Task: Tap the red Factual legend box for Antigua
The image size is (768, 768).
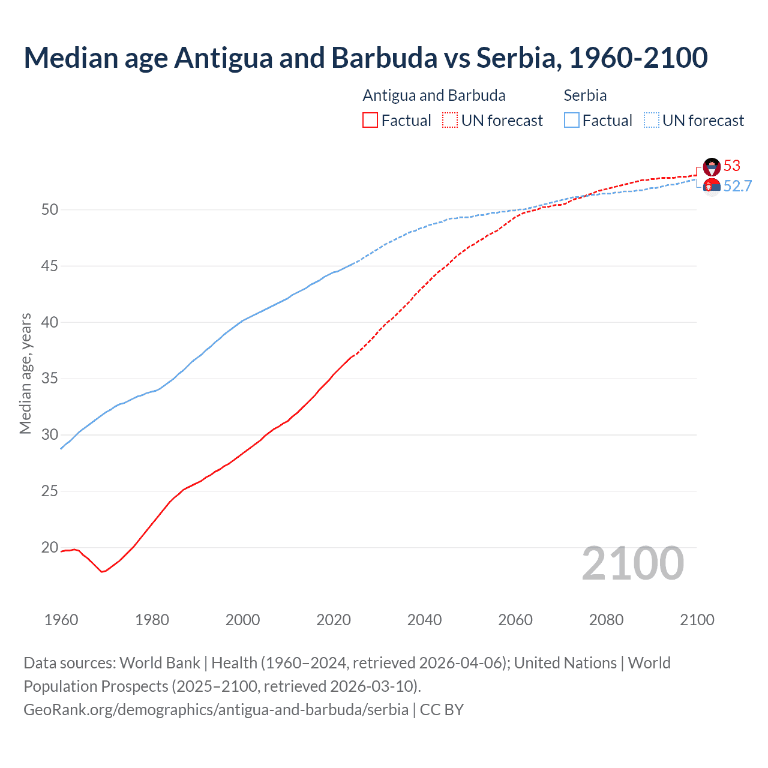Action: point(370,120)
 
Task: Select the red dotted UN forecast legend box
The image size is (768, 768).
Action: point(450,120)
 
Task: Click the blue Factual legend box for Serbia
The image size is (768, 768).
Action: point(572,120)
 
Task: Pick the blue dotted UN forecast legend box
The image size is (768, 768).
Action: point(651,120)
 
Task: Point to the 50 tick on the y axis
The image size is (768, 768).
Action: point(50,209)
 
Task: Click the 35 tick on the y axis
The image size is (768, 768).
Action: point(50,379)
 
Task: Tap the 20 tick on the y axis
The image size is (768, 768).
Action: point(50,547)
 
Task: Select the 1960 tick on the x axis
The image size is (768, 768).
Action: point(61,620)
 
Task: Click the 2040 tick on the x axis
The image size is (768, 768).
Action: point(424,620)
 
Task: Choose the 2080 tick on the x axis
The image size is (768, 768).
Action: point(606,620)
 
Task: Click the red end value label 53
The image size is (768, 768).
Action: point(732,166)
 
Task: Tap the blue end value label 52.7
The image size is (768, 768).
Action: point(737,186)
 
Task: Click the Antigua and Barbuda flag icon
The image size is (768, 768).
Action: point(712,167)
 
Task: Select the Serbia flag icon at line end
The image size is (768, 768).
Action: point(712,187)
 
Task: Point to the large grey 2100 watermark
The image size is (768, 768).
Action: point(632,563)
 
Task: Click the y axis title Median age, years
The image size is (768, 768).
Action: point(25,373)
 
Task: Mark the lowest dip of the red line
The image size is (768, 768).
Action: point(102,572)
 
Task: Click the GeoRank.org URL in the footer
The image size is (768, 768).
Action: point(216,709)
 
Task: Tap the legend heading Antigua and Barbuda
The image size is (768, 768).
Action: point(434,95)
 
